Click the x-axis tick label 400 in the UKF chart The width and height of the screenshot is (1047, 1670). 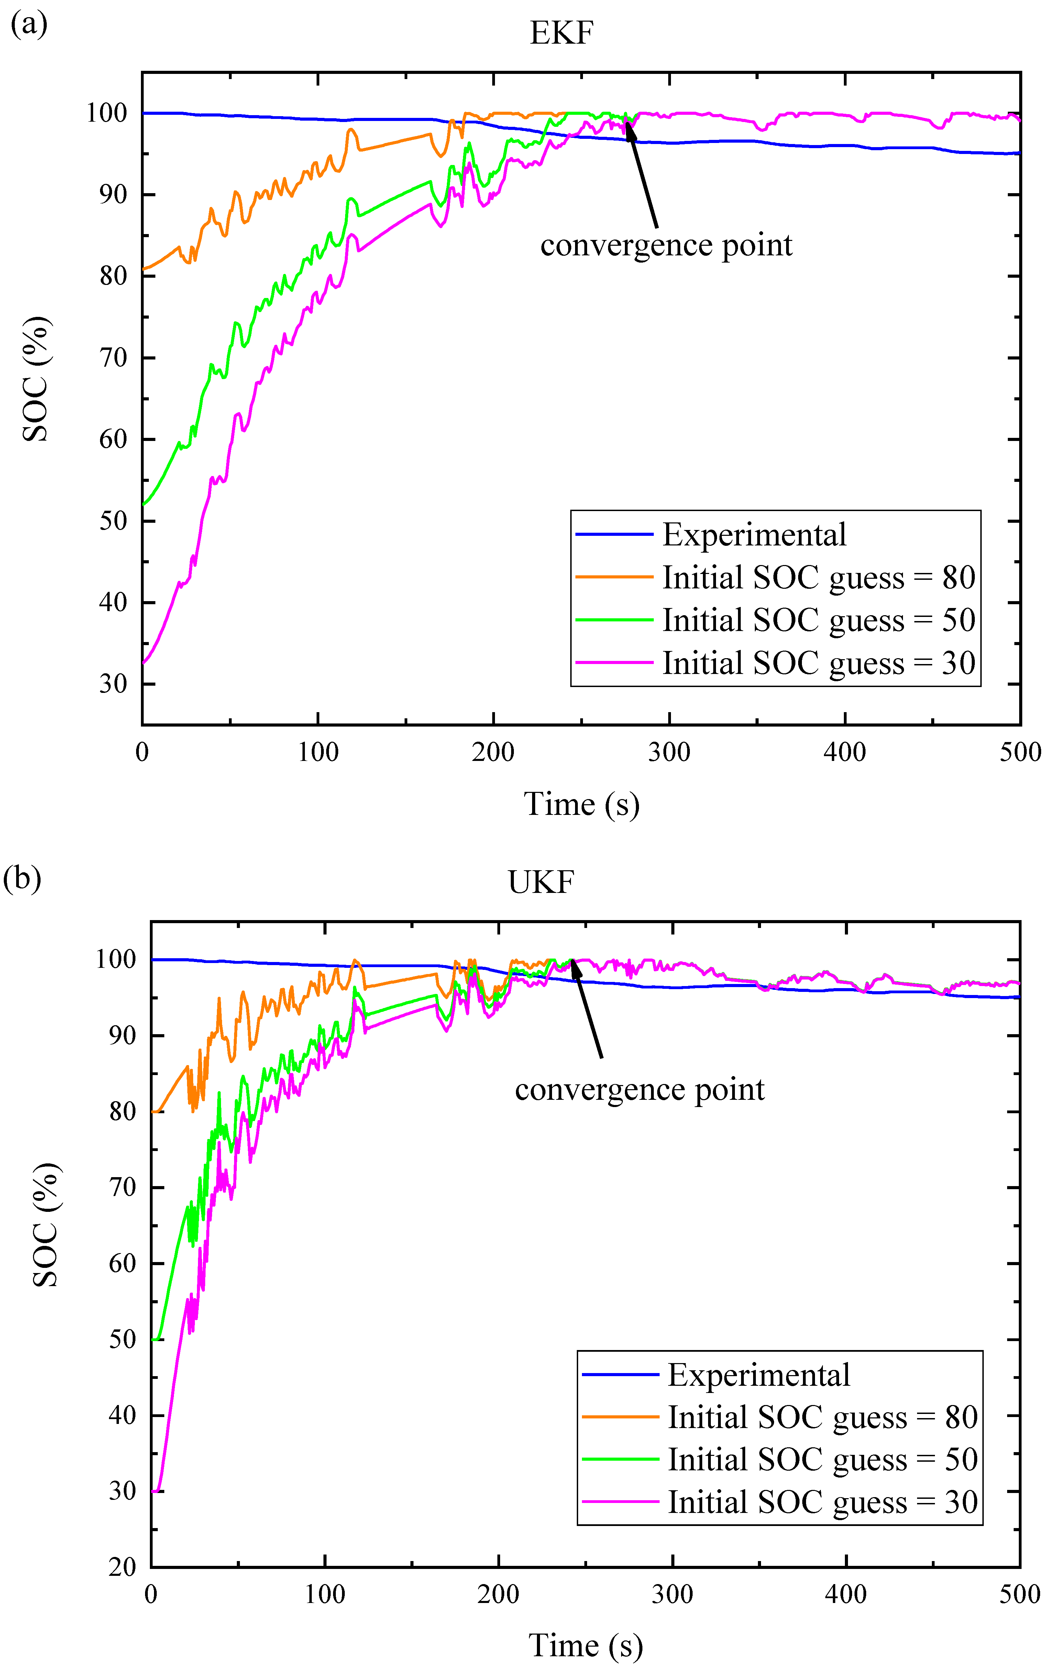(846, 1594)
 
